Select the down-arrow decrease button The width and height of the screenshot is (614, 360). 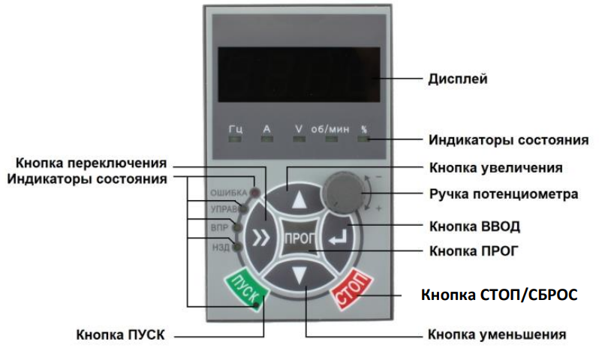click(x=299, y=277)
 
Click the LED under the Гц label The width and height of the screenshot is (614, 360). click(x=236, y=139)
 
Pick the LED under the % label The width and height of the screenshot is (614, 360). click(x=363, y=139)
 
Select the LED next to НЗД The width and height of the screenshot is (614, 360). click(x=237, y=247)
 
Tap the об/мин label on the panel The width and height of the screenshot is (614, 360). click(x=328, y=128)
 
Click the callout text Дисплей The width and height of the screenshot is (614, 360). click(x=457, y=78)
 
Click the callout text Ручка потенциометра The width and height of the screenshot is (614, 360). click(x=503, y=194)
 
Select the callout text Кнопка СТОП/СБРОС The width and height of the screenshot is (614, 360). click(x=498, y=294)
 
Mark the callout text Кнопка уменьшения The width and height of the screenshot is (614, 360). click(x=496, y=334)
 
